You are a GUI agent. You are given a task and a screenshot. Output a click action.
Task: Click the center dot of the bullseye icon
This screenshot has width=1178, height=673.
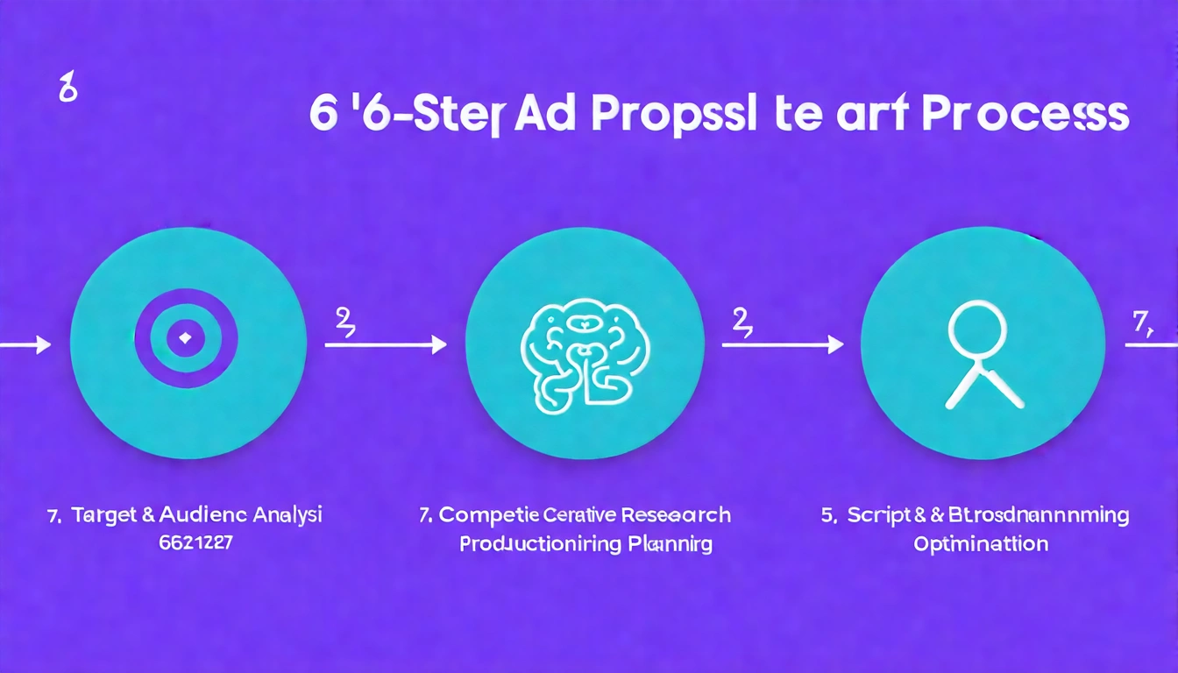[183, 337]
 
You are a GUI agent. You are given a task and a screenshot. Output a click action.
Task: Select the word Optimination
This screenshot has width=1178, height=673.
[981, 544]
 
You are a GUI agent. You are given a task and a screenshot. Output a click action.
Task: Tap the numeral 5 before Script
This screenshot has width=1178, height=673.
[827, 515]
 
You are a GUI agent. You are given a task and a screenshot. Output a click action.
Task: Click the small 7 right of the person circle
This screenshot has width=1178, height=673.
[1139, 323]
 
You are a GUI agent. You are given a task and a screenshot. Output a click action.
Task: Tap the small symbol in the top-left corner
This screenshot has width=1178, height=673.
[63, 90]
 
